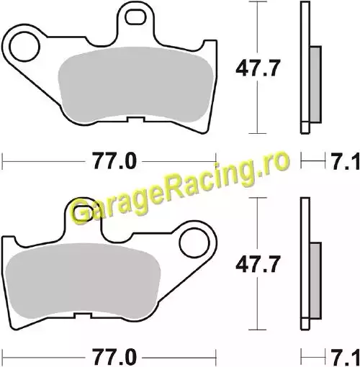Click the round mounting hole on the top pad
[24, 47]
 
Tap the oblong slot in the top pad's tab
[135, 17]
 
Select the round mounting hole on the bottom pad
[194, 243]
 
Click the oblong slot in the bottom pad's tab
[83, 213]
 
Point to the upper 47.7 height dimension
[258, 68]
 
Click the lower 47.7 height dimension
[258, 265]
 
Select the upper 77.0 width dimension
[114, 161]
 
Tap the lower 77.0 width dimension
[114, 358]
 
